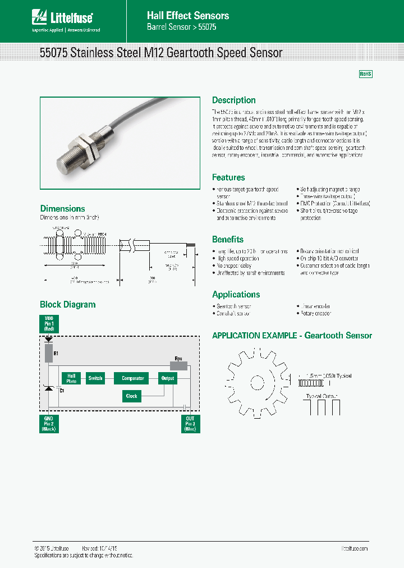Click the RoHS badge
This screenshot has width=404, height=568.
point(365,74)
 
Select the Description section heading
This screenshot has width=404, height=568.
point(233,100)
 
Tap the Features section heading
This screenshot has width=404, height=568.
point(228,177)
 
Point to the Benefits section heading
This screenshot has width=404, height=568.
point(228,239)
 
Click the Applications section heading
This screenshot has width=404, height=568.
point(236,295)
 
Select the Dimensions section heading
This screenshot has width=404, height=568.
point(62,209)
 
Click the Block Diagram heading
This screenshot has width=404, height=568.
point(67,305)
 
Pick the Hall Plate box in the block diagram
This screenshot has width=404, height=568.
point(71,378)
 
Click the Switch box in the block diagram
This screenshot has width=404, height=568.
point(95,378)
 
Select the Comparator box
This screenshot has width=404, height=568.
point(132,378)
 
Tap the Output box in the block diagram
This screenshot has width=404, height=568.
point(168,378)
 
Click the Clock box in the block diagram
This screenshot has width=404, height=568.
point(131,396)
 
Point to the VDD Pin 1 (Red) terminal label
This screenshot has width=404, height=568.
point(49,324)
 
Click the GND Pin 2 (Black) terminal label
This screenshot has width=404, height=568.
point(49,424)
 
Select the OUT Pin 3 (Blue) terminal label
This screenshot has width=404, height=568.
point(190,424)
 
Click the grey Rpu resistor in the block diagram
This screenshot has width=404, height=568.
point(178,365)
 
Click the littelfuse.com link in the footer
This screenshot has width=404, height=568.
point(355,548)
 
